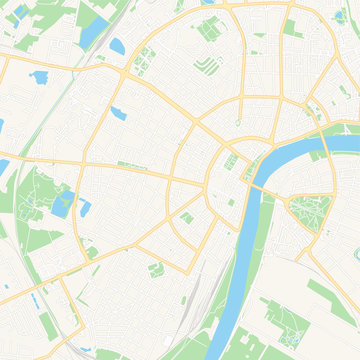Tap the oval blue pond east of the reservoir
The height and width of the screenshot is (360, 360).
[x=118, y=45]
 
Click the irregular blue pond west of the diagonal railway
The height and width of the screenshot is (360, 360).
[x=40, y=77]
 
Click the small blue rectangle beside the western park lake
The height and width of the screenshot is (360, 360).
[x=85, y=208]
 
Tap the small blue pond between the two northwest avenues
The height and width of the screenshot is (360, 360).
[x=119, y=112]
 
